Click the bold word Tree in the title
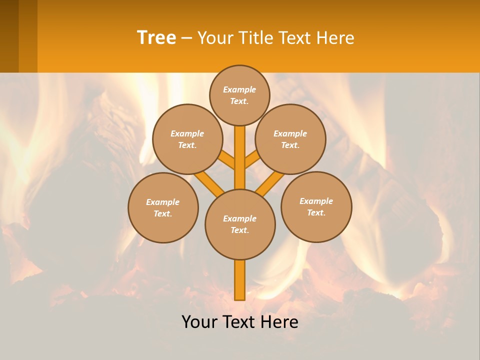[156, 37]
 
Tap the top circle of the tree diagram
[239, 95]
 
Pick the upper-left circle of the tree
[187, 139]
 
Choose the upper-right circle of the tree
[290, 139]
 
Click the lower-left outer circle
[163, 207]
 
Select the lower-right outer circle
[316, 206]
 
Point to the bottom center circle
[240, 224]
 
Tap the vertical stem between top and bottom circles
[240, 157]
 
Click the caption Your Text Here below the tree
[240, 322]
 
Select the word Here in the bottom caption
[280, 322]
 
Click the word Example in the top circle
[239, 89]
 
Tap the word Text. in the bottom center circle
[239, 230]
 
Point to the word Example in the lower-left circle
[163, 202]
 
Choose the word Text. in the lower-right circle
[316, 212]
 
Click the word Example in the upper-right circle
[290, 133]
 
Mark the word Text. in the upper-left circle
[187, 145]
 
